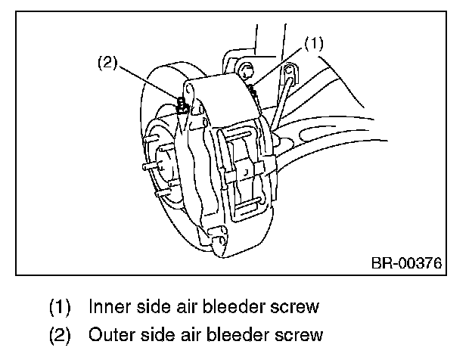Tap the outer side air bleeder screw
coord(182,104)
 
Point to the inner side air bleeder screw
coord(253,88)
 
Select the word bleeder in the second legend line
coord(241,334)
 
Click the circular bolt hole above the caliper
coord(245,72)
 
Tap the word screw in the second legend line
coord(300,334)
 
